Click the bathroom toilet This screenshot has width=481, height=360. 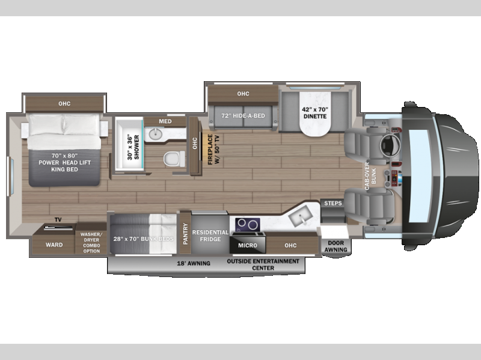pos(174,159)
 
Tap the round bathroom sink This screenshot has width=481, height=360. pos(156,133)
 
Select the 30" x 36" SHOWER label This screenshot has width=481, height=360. pos(133,147)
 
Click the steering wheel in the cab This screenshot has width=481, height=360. pos(390,145)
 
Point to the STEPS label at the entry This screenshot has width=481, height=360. pos(333,203)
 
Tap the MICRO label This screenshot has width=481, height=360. pos(248,246)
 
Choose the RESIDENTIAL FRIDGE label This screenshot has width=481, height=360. pos(210,236)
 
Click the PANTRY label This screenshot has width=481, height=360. pos(185,234)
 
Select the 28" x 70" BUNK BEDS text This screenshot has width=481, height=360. pos(143,239)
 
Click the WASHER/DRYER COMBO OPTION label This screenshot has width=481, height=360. pos(91,243)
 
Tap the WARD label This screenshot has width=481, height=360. pos(54,245)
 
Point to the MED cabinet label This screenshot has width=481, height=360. pos(165,121)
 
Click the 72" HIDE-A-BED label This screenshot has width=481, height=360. pos(243,116)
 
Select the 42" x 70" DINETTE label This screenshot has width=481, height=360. pos(315,113)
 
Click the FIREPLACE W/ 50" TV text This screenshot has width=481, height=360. pos(213,149)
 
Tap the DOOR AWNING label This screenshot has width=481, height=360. pos(335,246)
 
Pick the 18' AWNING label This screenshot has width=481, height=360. pos(194,263)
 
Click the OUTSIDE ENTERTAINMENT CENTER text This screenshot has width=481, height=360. pos(263,264)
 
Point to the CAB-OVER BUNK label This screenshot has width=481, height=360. pos(370,176)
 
